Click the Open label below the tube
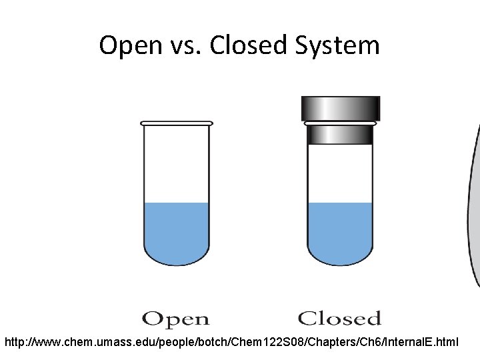tap(175, 320)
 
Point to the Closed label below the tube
tap(339, 319)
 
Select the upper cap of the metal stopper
tap(340, 108)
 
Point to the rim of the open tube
tap(177, 123)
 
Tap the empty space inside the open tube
tap(176, 163)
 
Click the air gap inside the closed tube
tap(340, 173)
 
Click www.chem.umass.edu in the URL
tap(80, 343)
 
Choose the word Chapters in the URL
tap(312, 343)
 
